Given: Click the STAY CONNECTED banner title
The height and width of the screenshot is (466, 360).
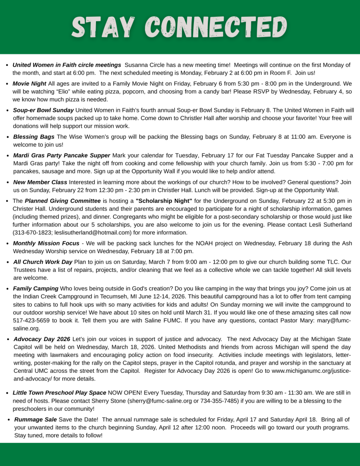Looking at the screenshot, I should pos(180,27).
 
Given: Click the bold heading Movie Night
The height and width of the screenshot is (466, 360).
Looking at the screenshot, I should pos(30,83).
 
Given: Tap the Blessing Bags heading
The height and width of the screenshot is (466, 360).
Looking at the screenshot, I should pos(34,137).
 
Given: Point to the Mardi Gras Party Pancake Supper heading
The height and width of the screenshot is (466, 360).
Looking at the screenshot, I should pos(61,155).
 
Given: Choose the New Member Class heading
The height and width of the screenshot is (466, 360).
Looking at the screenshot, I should pos(40,182).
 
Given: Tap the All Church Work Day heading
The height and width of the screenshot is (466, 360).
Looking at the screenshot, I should pos(42,262).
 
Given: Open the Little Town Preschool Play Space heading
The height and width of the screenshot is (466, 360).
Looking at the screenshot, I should pos(60,392).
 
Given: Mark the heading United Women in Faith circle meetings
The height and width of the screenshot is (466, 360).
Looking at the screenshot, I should pos(67,65).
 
